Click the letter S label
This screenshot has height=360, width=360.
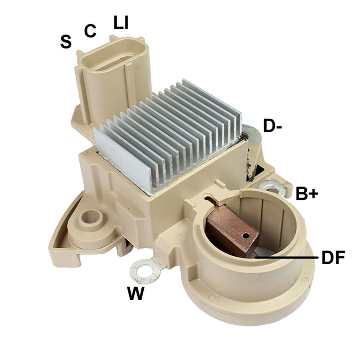tap(66, 41)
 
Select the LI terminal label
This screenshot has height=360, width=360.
tap(121, 22)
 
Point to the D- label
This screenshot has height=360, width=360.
tap(272, 126)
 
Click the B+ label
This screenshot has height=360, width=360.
tap(307, 194)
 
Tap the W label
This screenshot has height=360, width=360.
tap(136, 293)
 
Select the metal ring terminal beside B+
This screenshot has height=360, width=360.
tap(272, 187)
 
